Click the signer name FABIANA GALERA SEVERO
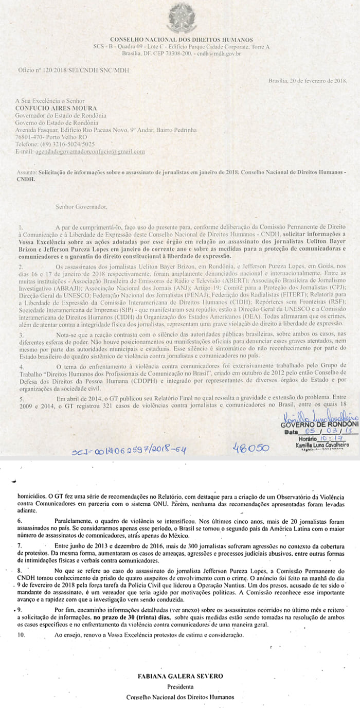tap(180, 674)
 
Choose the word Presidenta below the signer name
tap(180, 686)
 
